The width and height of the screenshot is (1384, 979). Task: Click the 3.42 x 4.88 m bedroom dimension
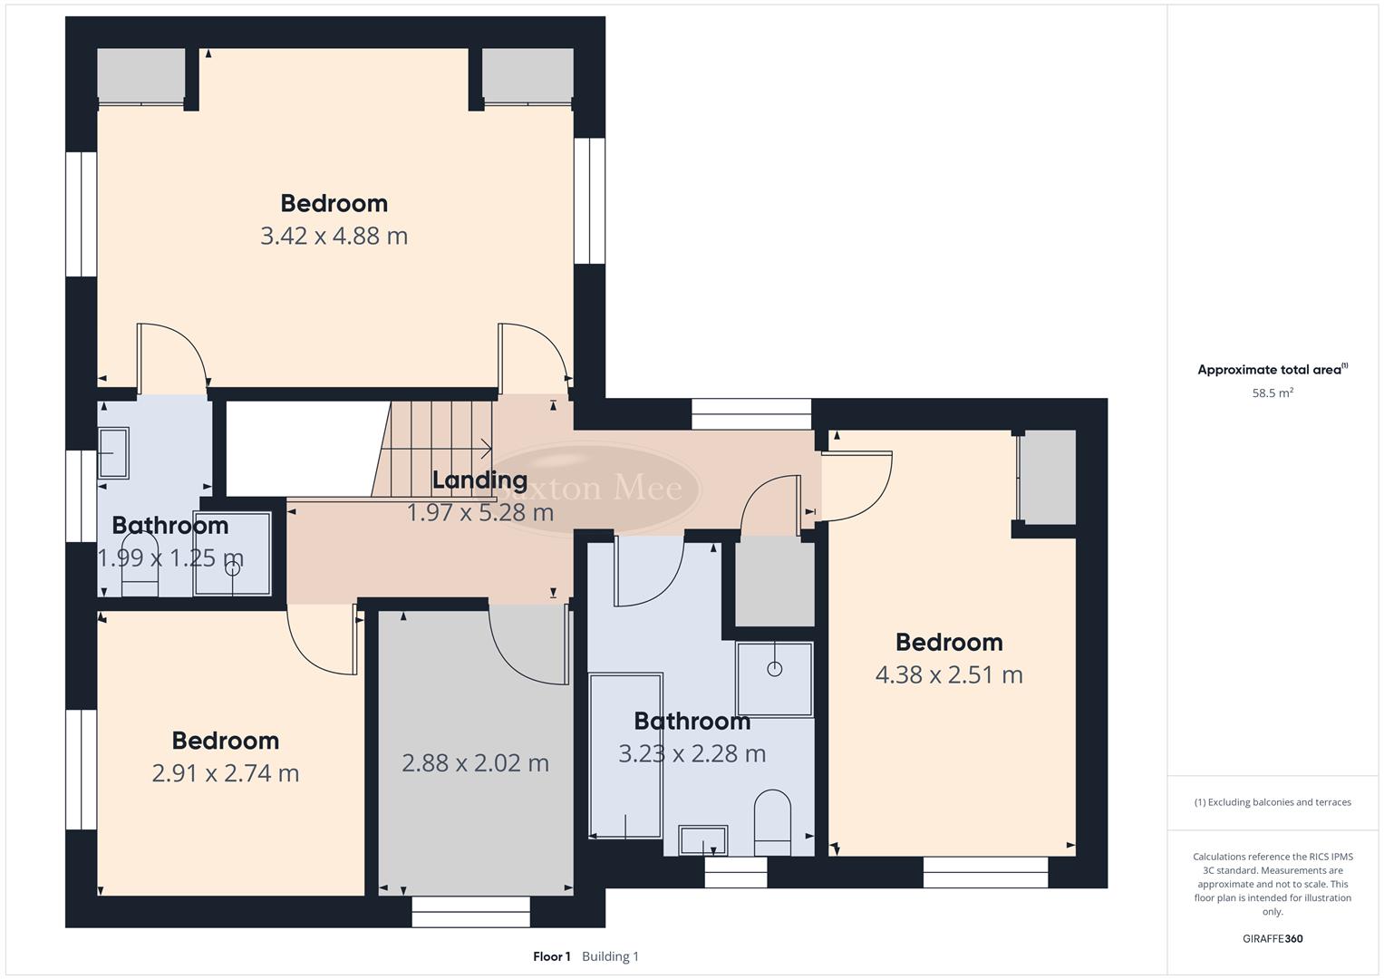[x=334, y=237]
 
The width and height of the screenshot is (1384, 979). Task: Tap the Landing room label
[x=479, y=480]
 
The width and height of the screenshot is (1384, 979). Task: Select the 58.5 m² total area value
[x=1272, y=393]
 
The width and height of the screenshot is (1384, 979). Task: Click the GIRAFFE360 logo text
[x=1272, y=939]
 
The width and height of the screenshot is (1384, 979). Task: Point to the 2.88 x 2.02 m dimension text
[x=475, y=763]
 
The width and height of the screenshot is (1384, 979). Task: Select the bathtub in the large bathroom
[x=625, y=755]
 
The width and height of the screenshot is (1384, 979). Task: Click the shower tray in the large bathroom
[x=774, y=679]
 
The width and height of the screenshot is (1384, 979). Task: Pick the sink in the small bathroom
[x=113, y=452]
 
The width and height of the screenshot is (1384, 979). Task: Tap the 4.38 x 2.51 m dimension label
[x=948, y=675]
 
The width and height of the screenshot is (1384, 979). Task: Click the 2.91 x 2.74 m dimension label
[x=225, y=773]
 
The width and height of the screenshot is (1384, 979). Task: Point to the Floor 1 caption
[x=551, y=956]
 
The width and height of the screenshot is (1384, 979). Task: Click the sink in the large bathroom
[x=702, y=840]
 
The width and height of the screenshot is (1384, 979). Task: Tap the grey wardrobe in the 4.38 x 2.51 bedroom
[x=1047, y=477]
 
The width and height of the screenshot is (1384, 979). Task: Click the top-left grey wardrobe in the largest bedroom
[x=140, y=75]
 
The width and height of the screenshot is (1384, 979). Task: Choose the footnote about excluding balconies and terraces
[x=1272, y=802]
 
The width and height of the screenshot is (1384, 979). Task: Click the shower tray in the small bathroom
[x=232, y=554]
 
